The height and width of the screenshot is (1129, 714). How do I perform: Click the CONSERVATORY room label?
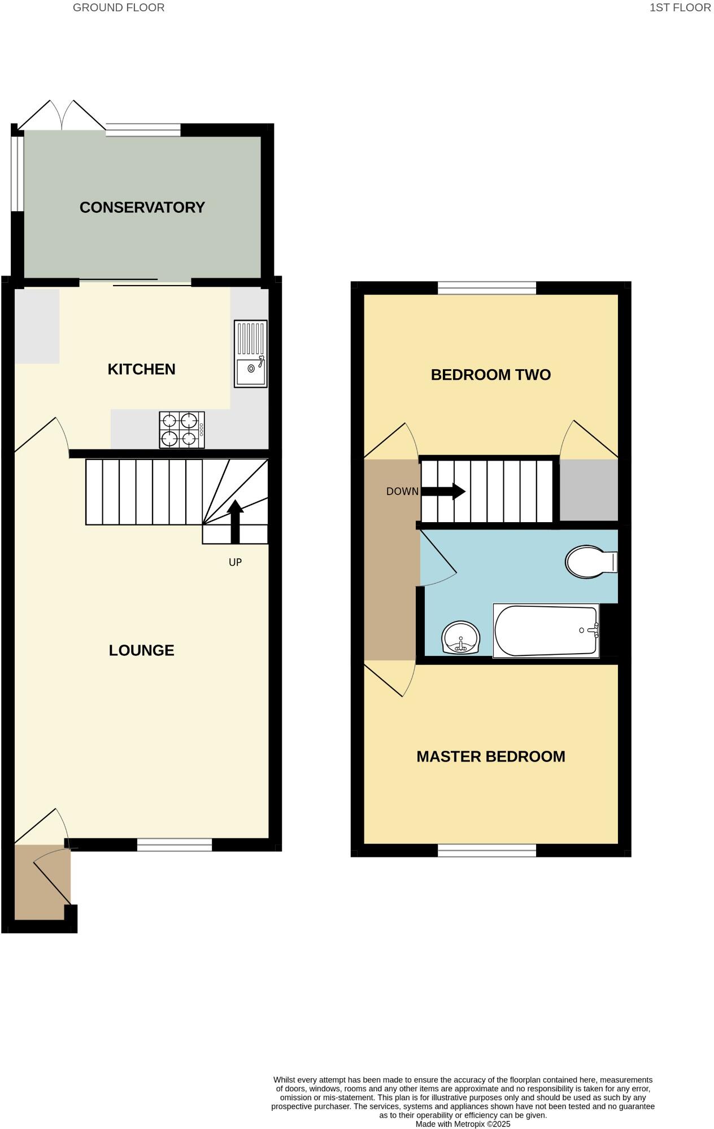[142, 208]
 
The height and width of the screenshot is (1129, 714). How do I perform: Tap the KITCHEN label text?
[141, 369]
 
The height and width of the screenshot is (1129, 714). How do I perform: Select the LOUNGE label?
[141, 650]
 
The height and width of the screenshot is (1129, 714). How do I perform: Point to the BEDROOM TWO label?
[490, 375]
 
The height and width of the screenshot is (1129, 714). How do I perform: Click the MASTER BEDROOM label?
[490, 756]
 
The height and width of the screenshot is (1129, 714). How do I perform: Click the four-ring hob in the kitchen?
[181, 430]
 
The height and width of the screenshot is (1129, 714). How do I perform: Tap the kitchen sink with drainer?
[250, 354]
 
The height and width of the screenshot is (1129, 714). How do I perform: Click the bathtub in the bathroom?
[546, 631]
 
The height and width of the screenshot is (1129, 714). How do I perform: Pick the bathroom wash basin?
[460, 638]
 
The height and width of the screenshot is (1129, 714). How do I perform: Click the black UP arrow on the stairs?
[235, 520]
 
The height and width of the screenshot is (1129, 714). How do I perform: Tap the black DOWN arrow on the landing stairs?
[443, 491]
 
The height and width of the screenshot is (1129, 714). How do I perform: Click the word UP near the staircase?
[235, 562]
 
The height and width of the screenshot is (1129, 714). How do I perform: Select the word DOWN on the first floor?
[402, 492]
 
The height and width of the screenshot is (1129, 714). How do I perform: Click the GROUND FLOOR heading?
[119, 8]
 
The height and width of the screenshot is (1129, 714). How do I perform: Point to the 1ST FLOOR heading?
[680, 8]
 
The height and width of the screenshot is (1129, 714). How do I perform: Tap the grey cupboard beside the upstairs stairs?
[589, 490]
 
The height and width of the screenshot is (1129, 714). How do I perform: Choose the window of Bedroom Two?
[487, 288]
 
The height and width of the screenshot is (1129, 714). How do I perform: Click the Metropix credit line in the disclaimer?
[463, 1124]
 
